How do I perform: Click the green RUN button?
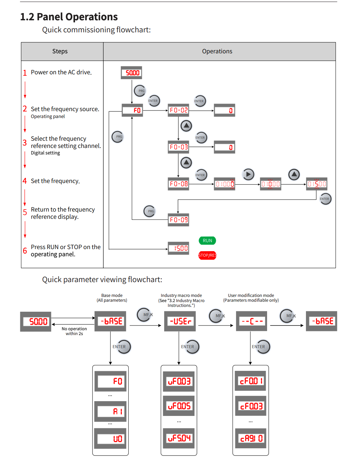click(x=207, y=240)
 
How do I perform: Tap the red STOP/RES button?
click(x=207, y=255)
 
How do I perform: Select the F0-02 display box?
click(x=179, y=110)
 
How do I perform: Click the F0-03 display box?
click(x=179, y=147)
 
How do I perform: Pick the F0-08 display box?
click(x=179, y=184)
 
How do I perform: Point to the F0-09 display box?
click(x=179, y=220)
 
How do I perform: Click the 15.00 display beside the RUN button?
click(x=179, y=248)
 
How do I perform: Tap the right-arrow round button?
click(x=248, y=174)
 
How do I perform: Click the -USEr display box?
click(x=180, y=321)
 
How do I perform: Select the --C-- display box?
click(x=252, y=321)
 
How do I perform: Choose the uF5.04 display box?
click(x=179, y=438)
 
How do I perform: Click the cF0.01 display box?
click(x=251, y=381)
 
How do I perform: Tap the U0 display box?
click(x=110, y=439)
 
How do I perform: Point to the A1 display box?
click(x=110, y=411)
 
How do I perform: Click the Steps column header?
click(x=60, y=52)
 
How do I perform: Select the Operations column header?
click(x=217, y=52)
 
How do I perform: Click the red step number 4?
click(x=25, y=181)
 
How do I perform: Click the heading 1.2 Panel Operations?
click(x=69, y=17)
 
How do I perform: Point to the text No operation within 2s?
click(x=74, y=331)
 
